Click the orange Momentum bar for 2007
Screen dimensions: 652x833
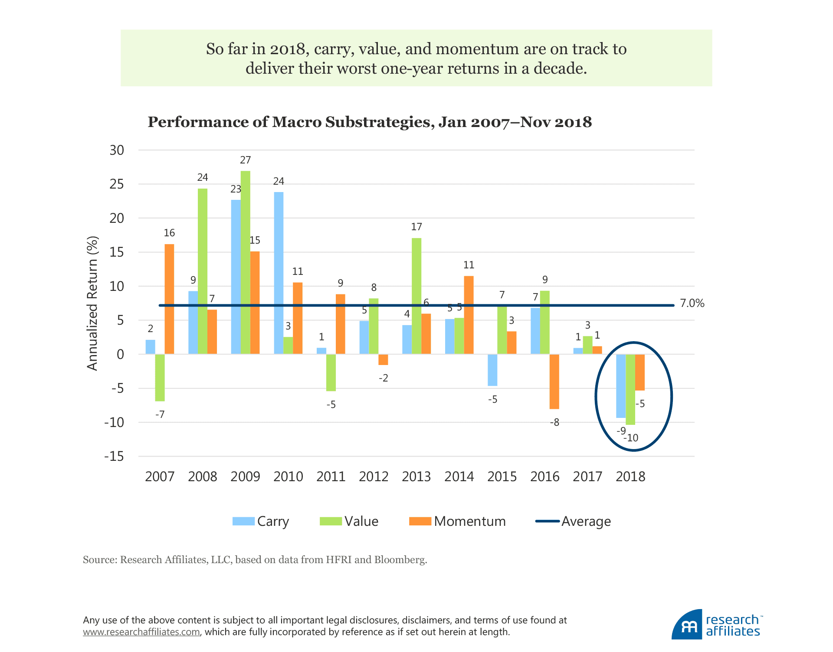(169, 299)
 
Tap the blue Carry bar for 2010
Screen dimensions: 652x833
(279, 273)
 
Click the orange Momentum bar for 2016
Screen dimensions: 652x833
(554, 381)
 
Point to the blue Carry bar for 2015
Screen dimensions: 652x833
(492, 370)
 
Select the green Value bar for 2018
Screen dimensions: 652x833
(630, 389)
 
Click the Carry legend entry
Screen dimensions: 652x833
(261, 521)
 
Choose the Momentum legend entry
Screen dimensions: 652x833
(457, 521)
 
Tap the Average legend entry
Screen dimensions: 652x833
(573, 521)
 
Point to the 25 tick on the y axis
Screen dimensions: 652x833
(117, 184)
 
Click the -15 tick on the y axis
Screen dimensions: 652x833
(114, 456)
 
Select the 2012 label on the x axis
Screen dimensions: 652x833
(374, 477)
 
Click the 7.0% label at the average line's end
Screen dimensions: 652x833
(692, 303)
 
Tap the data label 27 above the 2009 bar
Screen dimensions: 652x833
(246, 160)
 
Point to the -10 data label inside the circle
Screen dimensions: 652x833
(631, 438)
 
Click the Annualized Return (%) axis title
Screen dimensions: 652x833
(92, 303)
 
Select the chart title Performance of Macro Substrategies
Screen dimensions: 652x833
(370, 122)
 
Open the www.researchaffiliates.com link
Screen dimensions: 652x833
(141, 632)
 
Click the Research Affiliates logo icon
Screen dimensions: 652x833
(687, 625)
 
